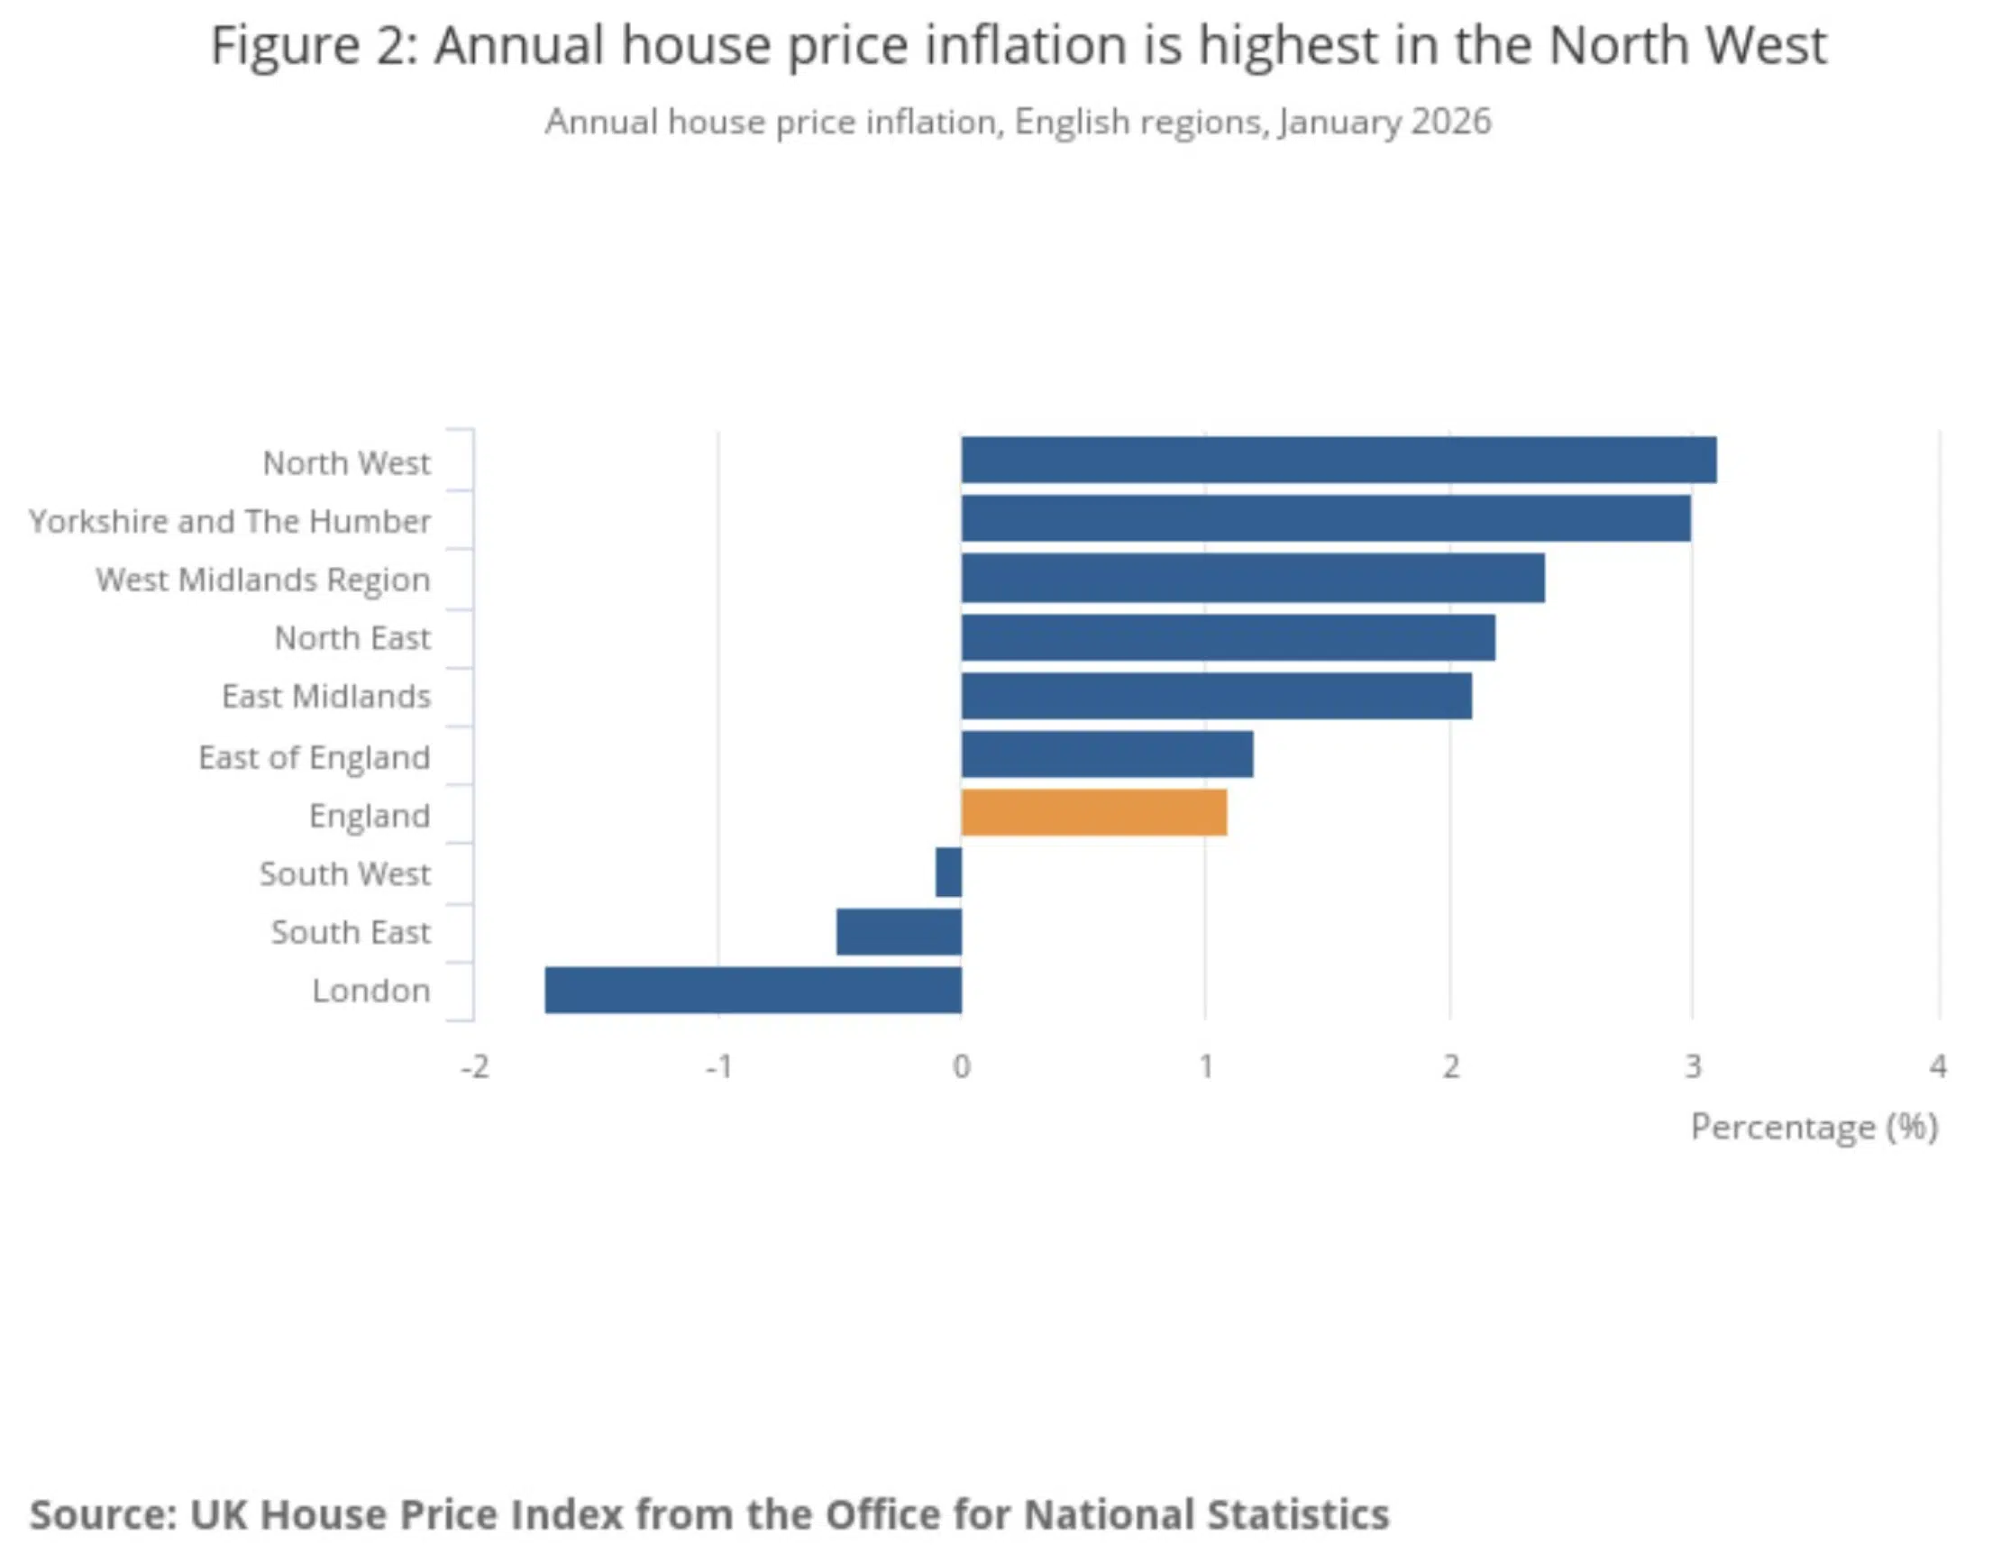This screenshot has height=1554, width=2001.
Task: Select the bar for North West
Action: (1338, 459)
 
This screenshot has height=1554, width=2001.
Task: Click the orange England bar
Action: (1094, 812)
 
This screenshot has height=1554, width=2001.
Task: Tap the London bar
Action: (754, 990)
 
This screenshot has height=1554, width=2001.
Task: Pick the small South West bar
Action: (949, 872)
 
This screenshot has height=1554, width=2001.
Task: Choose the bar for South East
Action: (899, 931)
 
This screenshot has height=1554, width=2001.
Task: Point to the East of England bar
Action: (1107, 754)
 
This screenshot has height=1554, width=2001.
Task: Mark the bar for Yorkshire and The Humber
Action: (1326, 517)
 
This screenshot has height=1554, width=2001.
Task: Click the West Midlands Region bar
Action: (1253, 577)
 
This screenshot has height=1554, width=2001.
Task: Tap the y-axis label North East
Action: (352, 637)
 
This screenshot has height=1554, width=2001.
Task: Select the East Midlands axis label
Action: (326, 697)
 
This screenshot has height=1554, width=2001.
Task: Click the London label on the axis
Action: (371, 991)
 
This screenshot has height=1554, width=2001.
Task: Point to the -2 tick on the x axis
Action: (475, 1066)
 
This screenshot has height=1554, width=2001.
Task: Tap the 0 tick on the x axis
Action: (961, 1066)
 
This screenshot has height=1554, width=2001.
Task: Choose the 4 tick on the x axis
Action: (1938, 1066)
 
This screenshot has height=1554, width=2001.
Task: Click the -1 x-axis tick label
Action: (718, 1066)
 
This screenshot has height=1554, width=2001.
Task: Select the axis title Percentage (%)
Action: (1814, 1126)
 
